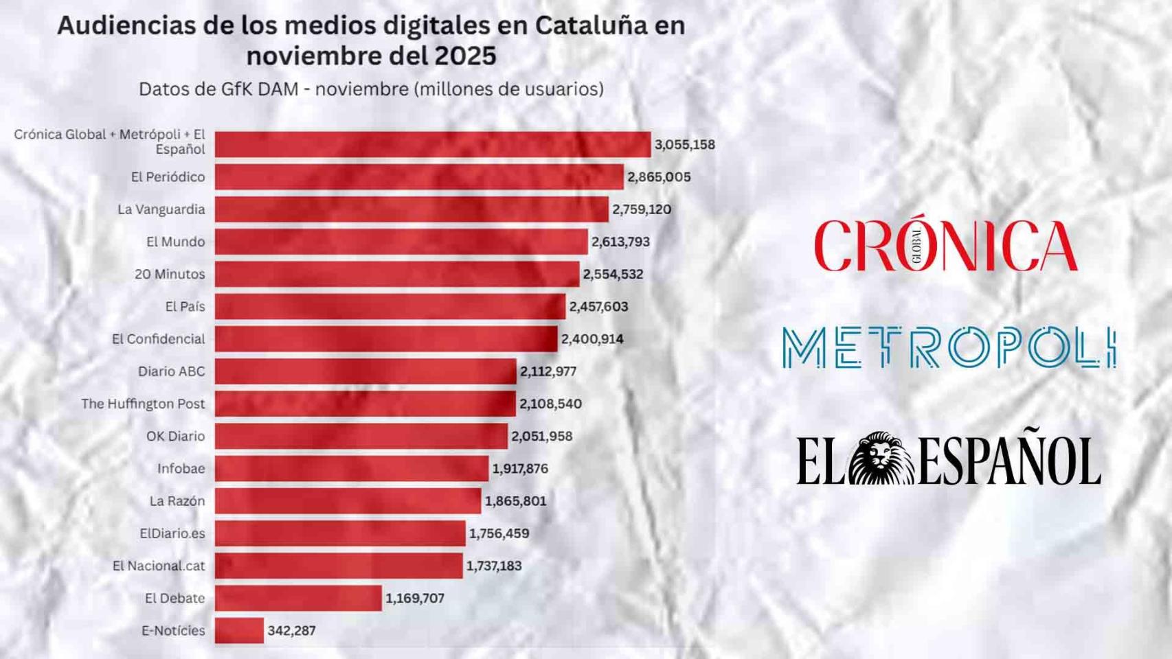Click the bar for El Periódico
tap(419, 177)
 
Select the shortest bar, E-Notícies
tap(239, 630)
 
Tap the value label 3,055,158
tap(684, 145)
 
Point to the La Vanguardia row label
tap(161, 209)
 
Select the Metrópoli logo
tap(948, 347)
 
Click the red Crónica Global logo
tap(945, 246)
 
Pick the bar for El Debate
tap(298, 598)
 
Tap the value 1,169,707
tap(415, 598)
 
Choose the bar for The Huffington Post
tap(365, 404)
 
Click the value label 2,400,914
tap(592, 339)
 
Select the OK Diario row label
tap(175, 436)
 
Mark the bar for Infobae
tap(352, 468)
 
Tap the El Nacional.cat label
tap(159, 566)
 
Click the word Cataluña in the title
tap(591, 25)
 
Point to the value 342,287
tap(291, 630)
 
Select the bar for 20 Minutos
tap(397, 274)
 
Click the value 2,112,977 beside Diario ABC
tap(548, 371)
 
